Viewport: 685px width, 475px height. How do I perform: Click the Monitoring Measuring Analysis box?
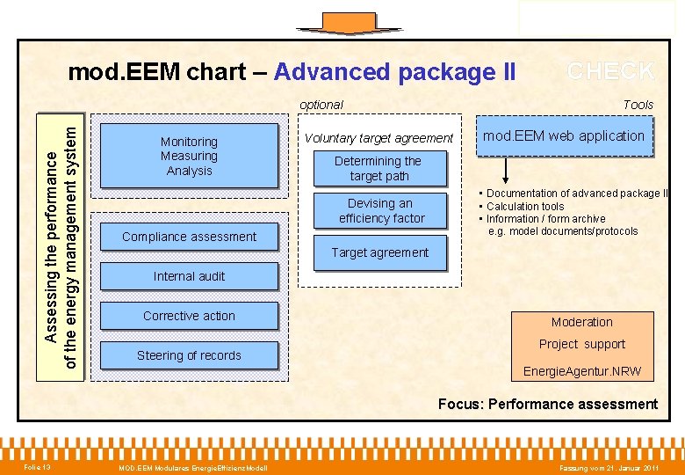pos(189,157)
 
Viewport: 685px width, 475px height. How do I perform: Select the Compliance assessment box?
pos(189,237)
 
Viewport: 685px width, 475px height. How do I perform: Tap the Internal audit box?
pos(189,276)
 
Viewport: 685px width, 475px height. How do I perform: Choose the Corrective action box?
pos(189,316)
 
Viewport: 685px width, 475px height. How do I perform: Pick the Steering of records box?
pos(189,355)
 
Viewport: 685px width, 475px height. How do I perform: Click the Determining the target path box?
pos(379,169)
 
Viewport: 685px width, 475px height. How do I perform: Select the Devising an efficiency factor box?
pos(381,211)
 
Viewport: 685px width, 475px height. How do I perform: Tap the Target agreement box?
pos(379,252)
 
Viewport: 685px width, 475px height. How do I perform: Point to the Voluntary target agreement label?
pos(379,138)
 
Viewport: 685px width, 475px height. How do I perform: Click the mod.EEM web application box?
pos(564,136)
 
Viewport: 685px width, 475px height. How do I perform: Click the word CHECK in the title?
pos(610,71)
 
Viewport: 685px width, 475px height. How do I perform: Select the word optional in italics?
pos(321,105)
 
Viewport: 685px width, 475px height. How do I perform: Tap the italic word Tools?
pos(638,105)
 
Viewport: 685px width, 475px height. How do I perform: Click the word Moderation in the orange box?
pos(581,322)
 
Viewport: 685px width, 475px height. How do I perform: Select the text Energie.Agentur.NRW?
pos(581,371)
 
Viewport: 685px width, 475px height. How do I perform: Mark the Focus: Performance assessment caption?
pos(548,405)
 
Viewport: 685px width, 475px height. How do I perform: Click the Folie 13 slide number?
pos(37,466)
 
